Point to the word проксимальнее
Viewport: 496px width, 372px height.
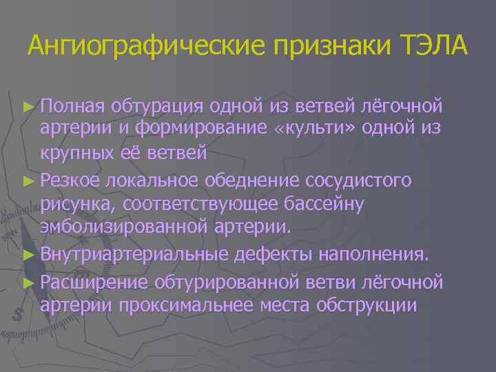(x=179, y=306)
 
